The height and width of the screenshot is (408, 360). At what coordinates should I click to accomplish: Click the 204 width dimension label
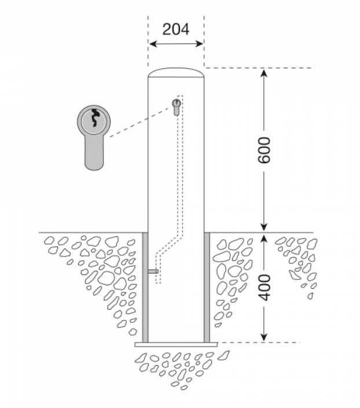(175, 30)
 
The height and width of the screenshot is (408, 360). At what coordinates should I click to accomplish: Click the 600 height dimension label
(265, 150)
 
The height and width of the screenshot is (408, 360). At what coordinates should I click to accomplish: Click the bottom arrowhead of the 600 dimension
(265, 227)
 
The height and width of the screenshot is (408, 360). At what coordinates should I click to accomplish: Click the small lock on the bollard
(176, 106)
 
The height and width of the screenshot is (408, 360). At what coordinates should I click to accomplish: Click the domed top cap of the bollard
(176, 72)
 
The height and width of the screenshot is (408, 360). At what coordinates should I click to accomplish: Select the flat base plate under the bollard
(176, 344)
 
